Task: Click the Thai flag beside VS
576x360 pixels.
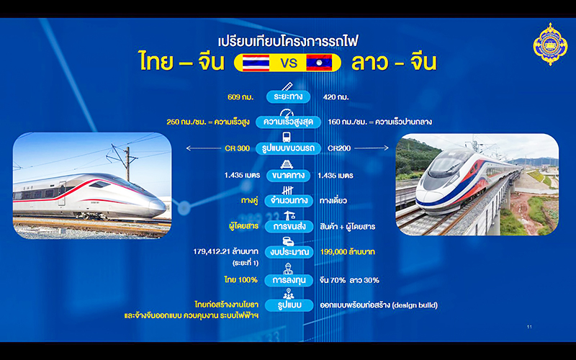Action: click(x=256, y=63)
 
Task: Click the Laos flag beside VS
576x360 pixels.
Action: click(x=319, y=63)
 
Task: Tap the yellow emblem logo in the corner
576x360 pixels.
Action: click(x=550, y=44)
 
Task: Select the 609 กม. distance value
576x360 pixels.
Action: click(x=240, y=97)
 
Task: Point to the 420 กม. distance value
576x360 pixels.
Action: click(x=336, y=97)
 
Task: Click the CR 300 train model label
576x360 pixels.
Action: click(x=237, y=148)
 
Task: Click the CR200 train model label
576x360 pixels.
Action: click(x=339, y=148)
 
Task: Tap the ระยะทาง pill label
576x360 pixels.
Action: click(x=289, y=97)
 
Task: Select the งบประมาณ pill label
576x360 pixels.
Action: click(x=289, y=252)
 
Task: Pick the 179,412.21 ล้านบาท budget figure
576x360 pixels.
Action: click(x=225, y=251)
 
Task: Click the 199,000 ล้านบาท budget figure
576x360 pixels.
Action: click(x=348, y=251)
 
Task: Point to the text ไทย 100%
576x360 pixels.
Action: click(x=240, y=280)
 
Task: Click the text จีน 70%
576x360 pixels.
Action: click(x=333, y=280)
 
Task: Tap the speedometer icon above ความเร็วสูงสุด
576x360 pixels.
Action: click(x=287, y=113)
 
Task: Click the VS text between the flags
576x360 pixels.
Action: click(x=289, y=63)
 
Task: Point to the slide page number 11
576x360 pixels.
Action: click(x=529, y=327)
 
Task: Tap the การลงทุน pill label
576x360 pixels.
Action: click(x=289, y=280)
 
